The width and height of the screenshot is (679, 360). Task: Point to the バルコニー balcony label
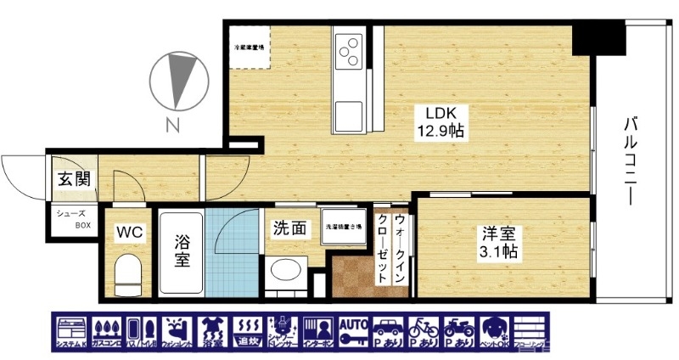(x=631, y=161)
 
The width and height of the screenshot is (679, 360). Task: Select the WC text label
(x=130, y=231)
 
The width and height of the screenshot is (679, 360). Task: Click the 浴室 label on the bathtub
(x=182, y=250)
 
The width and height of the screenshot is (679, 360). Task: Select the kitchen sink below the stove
(x=349, y=113)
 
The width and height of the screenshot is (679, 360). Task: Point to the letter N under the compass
(x=172, y=128)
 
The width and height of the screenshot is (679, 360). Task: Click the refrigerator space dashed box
(x=249, y=46)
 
